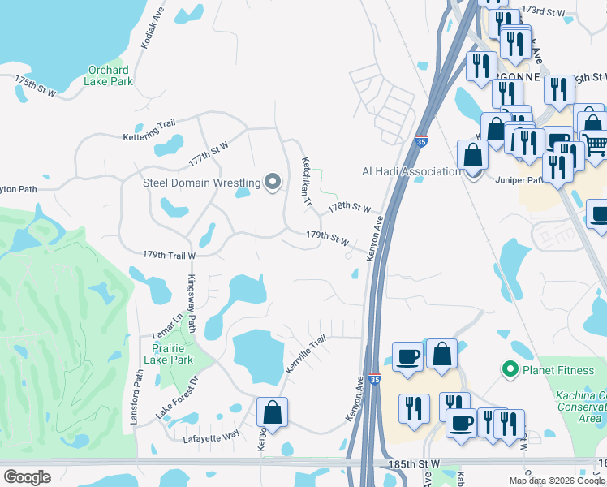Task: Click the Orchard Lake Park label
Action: pos(108,75)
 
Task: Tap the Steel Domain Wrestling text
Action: pos(201,183)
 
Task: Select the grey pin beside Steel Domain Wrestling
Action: pos(273,183)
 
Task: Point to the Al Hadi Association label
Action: pos(411,171)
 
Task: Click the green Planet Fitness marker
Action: pos(510,371)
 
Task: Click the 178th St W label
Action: pos(349,209)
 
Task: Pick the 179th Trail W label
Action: pos(170,256)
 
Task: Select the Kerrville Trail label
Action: pos(305,354)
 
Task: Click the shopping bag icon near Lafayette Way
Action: pos(273,412)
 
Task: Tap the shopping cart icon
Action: pos(596,144)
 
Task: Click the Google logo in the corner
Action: pos(27,477)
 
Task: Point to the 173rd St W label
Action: pos(543,11)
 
